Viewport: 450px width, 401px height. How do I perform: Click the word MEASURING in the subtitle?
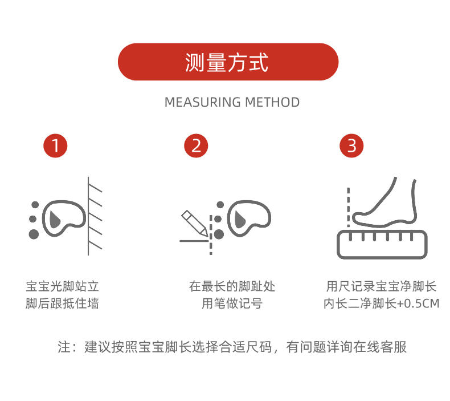point(202,103)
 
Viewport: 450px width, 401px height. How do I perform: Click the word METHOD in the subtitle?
point(272,103)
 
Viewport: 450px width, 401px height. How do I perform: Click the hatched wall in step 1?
point(95,217)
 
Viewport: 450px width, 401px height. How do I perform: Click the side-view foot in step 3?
point(387,205)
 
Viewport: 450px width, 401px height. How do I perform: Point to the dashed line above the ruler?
point(348,205)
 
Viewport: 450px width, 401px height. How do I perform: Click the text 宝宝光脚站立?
point(63,286)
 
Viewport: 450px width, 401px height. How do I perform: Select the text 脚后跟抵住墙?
point(63,303)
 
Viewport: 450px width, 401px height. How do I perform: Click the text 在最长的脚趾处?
point(232,286)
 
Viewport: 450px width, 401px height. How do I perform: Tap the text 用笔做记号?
point(232,303)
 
